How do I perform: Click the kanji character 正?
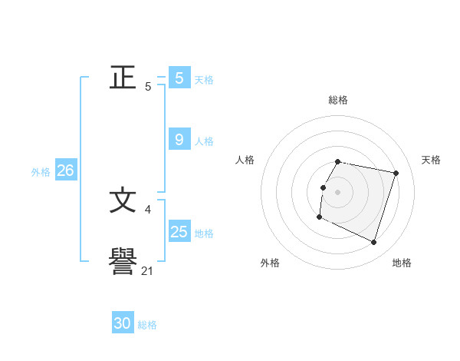pos(123,77)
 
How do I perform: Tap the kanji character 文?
pos(123,201)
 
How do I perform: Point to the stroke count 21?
pos(148,270)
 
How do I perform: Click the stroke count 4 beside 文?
pos(147,209)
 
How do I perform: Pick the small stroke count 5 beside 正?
pos(148,86)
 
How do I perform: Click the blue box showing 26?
pos(65,171)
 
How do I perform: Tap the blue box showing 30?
pos(123,323)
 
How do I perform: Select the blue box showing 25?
pos(179,231)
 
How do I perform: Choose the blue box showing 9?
pos(179,139)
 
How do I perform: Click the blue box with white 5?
pos(179,78)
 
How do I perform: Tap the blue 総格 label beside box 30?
pos(147,325)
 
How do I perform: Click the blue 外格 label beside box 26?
pos(41,172)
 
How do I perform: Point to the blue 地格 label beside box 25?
pos(204,233)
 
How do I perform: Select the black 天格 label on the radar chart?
pos(431,160)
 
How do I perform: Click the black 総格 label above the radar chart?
pos(338,100)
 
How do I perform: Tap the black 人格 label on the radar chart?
pos(245,160)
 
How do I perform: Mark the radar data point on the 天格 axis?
pos(396,174)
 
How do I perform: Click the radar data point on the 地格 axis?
pos(373,243)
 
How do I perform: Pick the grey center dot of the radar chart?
pos(338,192)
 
